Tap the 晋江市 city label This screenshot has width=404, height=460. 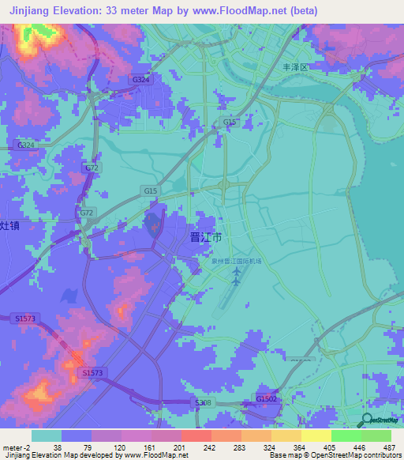pyautogui.click(x=207, y=237)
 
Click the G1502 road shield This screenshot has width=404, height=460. pyautogui.click(x=266, y=399)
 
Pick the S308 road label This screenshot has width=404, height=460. pyautogui.click(x=204, y=403)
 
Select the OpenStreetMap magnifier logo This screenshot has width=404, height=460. pyautogui.click(x=368, y=421)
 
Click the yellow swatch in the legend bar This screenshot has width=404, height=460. pyautogui.click(x=316, y=435)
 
